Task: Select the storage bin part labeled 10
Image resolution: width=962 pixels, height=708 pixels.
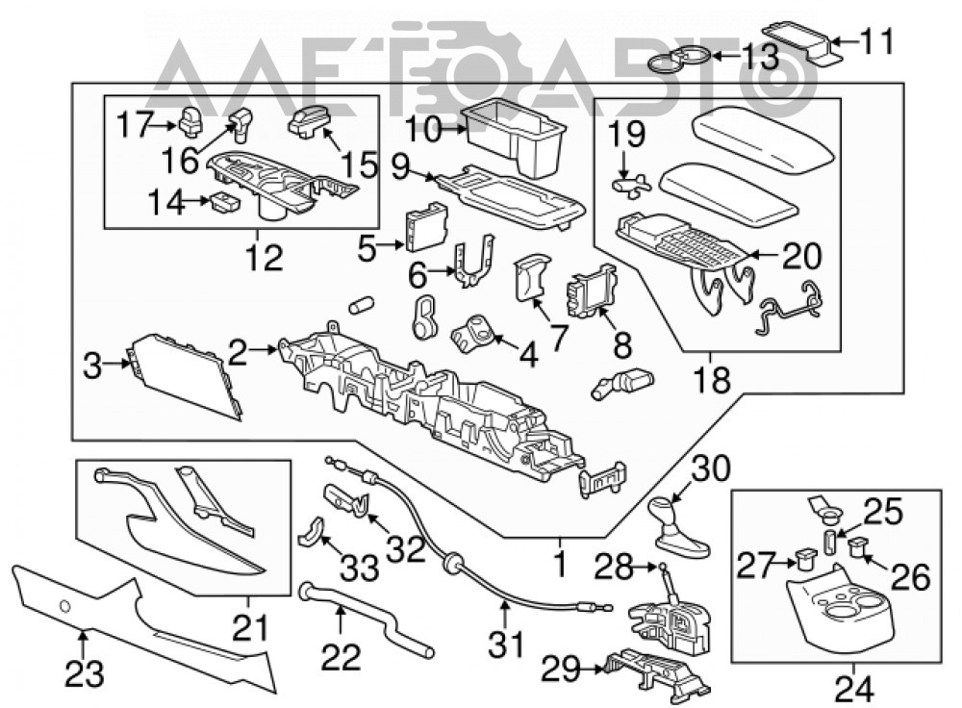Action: (x=513, y=138)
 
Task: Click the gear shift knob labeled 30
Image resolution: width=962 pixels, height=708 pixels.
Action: (x=677, y=527)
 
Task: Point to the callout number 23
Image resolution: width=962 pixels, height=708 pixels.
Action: (x=85, y=674)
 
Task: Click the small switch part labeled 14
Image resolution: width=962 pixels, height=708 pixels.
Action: (x=224, y=201)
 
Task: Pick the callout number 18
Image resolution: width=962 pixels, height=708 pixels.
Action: (x=712, y=379)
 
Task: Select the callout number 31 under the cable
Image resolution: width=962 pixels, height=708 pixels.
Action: (x=507, y=645)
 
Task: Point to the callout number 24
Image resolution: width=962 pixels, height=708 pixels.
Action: (x=853, y=690)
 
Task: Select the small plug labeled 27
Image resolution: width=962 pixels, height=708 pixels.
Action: (x=805, y=559)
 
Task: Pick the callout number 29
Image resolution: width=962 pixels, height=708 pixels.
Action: (x=560, y=670)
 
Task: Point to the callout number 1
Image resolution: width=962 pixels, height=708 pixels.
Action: (x=560, y=566)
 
